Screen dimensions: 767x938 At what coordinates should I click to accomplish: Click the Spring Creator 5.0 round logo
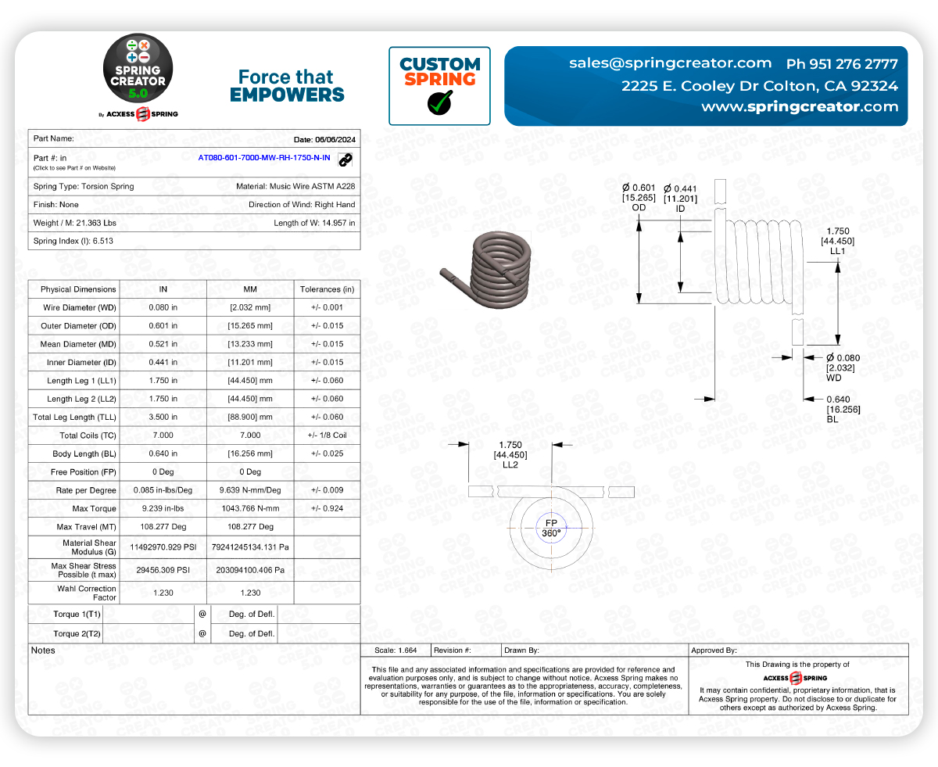pos(139,71)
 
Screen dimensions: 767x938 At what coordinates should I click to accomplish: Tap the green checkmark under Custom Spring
pos(439,102)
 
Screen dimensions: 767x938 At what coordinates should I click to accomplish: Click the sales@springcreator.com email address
pos(670,63)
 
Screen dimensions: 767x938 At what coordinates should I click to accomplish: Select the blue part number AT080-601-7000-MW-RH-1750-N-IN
pos(264,158)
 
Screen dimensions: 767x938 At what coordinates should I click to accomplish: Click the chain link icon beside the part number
pos(345,159)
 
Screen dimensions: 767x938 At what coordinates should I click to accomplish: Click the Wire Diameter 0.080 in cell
pos(163,307)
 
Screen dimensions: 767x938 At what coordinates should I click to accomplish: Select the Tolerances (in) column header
pos(327,289)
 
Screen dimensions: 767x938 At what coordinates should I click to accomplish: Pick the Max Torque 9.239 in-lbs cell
pos(163,509)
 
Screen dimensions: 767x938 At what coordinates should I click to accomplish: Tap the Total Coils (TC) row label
pos(88,435)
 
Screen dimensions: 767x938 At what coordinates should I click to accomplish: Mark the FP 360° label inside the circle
pos(551,528)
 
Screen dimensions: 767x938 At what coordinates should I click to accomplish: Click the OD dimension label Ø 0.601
pos(639,188)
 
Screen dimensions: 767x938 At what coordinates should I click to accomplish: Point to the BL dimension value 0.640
pos(838,400)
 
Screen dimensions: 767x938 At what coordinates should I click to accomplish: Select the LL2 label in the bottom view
pos(510,464)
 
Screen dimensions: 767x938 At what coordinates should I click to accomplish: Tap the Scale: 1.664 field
pos(396,651)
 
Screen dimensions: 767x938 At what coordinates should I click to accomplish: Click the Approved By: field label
pos(714,651)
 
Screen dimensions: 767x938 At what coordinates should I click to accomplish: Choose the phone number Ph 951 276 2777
pos(842,63)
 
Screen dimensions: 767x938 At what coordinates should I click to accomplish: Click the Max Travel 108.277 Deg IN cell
pos(163,527)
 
